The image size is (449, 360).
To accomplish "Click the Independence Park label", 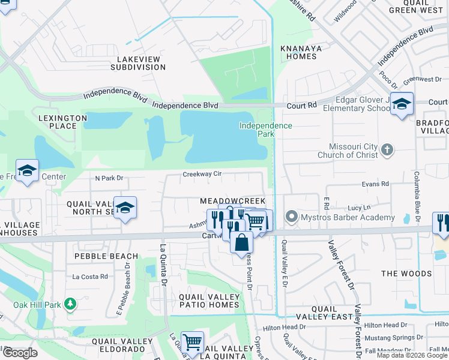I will pyautogui.click(x=265, y=130).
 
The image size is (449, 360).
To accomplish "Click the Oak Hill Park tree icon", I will pyautogui.click(x=70, y=304).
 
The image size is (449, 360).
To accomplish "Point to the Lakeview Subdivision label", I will pyautogui.click(x=137, y=63).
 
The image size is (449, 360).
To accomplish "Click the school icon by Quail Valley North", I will pyautogui.click(x=125, y=208).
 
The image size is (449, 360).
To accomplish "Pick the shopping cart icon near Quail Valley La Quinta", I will pyautogui.click(x=192, y=343).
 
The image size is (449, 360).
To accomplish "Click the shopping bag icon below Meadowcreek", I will pyautogui.click(x=241, y=243).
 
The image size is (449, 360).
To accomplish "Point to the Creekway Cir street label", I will pyautogui.click(x=202, y=175).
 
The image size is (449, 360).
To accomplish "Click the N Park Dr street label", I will pyautogui.click(x=109, y=178).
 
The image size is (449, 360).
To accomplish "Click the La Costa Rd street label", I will pyautogui.click(x=89, y=277).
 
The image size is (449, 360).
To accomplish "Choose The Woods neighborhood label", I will pyautogui.click(x=406, y=274).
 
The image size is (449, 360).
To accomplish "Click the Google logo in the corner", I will pyautogui.click(x=20, y=353).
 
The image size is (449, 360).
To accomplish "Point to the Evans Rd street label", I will pyautogui.click(x=375, y=184).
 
